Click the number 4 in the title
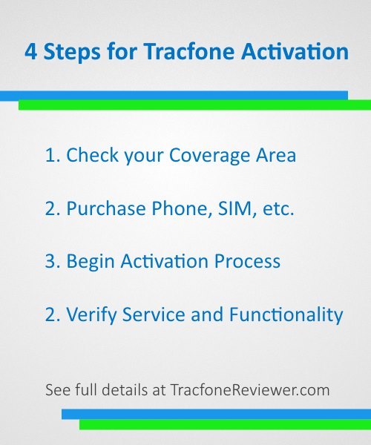pyautogui.click(x=30, y=52)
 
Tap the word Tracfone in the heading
pyautogui.click(x=189, y=51)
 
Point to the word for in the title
pyautogui.click(x=122, y=51)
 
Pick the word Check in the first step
pyautogui.click(x=92, y=155)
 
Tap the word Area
pyautogui.click(x=276, y=155)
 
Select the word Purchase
pyautogui.click(x=106, y=208)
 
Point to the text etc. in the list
pyautogui.click(x=278, y=209)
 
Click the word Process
pyautogui.click(x=247, y=261)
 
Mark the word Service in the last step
pyautogui.click(x=154, y=314)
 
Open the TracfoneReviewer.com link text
pyautogui.click(x=250, y=390)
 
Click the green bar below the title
pyautogui.click(x=194, y=105)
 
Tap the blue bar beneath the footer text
pyautogui.click(x=217, y=414)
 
